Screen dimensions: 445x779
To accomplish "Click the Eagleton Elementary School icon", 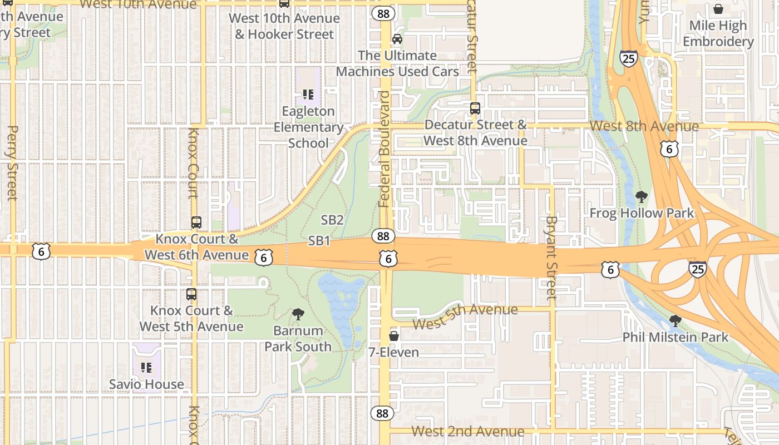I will click(308, 95).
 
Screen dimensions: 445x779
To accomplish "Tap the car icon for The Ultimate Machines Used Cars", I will click(397, 39).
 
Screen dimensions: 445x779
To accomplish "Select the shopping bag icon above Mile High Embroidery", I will click(718, 9).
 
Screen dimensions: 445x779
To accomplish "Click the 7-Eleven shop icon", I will click(394, 336).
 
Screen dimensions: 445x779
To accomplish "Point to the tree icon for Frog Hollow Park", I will click(642, 196).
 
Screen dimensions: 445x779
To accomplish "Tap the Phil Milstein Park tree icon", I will click(676, 320).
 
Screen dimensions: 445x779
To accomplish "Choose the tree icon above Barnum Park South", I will click(298, 314).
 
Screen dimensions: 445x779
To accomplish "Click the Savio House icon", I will click(146, 367).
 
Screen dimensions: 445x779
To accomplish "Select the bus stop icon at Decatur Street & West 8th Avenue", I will click(475, 108).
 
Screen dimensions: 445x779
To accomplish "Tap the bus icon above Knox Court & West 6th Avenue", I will click(196, 222).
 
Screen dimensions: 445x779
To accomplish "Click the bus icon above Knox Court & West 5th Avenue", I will click(191, 294).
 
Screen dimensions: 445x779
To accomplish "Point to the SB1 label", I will click(319, 241).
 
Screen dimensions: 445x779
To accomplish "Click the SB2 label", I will click(332, 220).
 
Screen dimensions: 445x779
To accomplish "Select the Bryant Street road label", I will click(551, 257).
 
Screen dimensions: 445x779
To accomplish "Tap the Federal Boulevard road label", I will click(384, 149).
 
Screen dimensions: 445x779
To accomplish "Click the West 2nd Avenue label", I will click(467, 431).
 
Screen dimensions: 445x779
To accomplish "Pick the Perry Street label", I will click(12, 162).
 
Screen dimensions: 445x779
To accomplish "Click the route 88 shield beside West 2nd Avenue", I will click(382, 413).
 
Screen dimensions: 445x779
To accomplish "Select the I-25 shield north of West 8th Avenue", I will click(628, 58).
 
